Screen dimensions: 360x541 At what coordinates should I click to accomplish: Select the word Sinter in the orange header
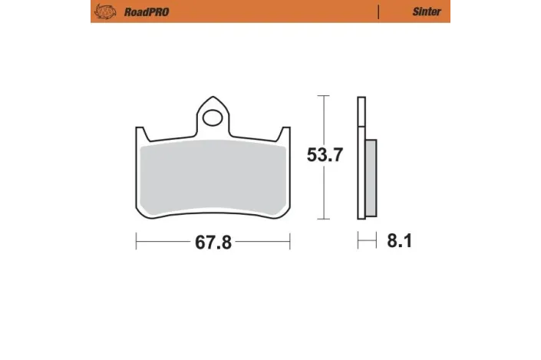tap(426, 12)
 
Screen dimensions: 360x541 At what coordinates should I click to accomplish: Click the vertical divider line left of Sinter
tap(378, 12)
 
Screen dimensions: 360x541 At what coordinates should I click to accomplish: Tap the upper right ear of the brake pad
tap(285, 134)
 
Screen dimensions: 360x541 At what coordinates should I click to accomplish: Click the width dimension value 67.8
tap(213, 243)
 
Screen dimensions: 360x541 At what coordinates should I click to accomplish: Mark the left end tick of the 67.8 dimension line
tap(137, 243)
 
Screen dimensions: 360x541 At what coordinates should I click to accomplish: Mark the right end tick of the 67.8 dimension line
tap(289, 243)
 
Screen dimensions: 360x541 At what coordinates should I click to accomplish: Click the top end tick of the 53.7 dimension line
tap(325, 97)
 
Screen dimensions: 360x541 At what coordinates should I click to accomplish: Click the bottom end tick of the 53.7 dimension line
tap(325, 220)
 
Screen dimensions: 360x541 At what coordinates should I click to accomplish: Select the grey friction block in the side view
tap(370, 178)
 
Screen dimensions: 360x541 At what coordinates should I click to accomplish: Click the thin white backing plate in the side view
tap(360, 161)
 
